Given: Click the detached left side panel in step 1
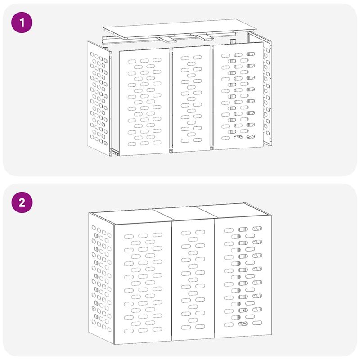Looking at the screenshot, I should tap(99, 97).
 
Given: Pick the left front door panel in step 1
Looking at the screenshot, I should tap(144, 101).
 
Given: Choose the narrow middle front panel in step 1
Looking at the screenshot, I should tap(191, 99).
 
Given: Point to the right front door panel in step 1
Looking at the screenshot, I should tap(238, 97).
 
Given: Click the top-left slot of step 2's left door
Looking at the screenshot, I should tap(129, 235).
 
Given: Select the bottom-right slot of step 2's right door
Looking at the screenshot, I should tap(257, 323).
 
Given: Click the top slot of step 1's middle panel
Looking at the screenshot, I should tap(185, 58).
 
